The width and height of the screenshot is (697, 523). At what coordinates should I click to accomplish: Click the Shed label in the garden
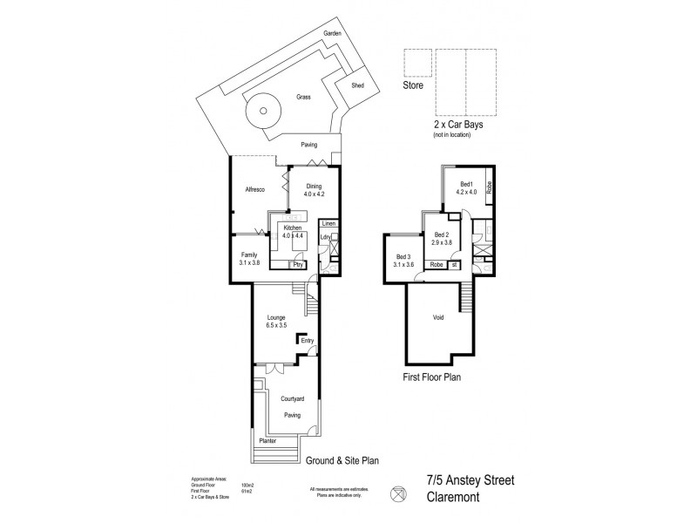click(357, 85)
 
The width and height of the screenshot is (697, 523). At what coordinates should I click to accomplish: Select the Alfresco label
click(254, 188)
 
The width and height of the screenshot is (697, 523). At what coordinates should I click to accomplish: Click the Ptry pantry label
click(299, 265)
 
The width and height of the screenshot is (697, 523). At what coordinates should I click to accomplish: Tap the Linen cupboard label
click(328, 224)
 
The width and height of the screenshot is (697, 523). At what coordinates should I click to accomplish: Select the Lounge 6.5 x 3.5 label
click(278, 322)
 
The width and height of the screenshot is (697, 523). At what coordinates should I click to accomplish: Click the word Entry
click(307, 341)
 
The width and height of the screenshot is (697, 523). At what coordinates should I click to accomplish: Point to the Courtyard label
click(292, 400)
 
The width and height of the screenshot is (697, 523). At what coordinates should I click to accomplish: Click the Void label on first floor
click(439, 316)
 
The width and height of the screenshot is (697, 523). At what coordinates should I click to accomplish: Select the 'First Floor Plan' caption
click(443, 378)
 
